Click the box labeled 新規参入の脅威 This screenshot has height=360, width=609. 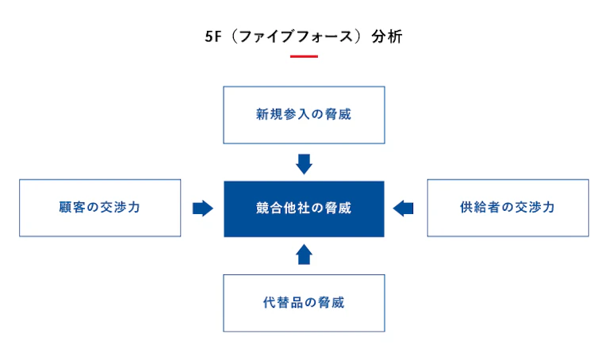coord(304,114)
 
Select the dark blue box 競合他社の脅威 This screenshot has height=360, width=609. coord(304,209)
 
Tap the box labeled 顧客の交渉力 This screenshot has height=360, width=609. coord(100,208)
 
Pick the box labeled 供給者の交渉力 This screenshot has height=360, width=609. coord(507,208)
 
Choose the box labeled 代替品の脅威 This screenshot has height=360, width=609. coord(304,302)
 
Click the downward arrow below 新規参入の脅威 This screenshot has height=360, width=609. coord(304,164)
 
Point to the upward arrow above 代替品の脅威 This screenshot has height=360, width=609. coord(304,254)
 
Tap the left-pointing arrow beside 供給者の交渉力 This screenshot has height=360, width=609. coord(404,209)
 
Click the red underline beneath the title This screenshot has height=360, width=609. coord(304,57)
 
